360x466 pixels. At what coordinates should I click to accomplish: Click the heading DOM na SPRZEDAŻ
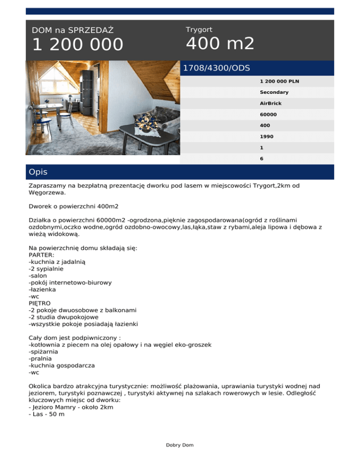click(73, 30)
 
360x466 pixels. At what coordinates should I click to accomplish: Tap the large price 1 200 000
click(78, 45)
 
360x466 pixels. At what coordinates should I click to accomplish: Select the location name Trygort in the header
click(199, 30)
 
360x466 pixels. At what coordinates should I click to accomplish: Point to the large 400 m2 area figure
click(220, 44)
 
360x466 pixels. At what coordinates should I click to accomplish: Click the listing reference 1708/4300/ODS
click(216, 68)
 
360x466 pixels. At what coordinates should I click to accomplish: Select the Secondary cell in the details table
click(274, 92)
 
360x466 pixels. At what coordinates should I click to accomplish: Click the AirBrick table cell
click(271, 103)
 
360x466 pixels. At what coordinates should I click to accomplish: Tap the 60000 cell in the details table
click(268, 114)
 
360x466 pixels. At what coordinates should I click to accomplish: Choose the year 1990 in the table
click(266, 136)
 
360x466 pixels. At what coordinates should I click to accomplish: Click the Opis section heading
click(38, 172)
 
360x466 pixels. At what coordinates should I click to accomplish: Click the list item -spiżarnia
click(45, 351)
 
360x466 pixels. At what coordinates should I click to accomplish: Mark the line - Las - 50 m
click(46, 414)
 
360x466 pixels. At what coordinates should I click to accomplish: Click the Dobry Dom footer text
click(180, 445)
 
